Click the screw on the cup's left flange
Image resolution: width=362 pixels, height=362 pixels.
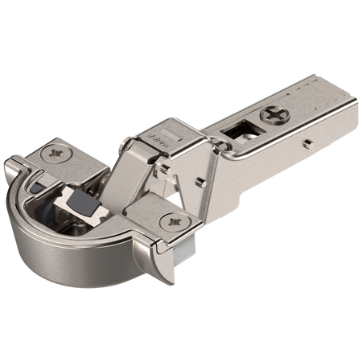coord(56,151)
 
